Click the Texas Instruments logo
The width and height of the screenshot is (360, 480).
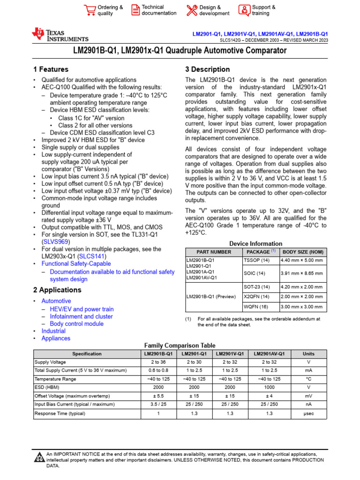(60, 34)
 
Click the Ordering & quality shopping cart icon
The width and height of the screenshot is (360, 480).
(89, 10)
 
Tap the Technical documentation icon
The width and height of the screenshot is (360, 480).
(135, 10)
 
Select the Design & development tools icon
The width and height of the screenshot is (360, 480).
(192, 10)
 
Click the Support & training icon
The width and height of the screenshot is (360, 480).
(244, 10)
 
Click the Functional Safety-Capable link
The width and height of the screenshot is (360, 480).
(76, 264)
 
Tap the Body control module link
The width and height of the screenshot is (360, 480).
(76, 324)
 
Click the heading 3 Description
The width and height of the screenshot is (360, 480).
(208, 69)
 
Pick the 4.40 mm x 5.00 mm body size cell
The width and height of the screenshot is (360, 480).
(302, 260)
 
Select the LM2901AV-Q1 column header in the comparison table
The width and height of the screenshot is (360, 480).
(269, 354)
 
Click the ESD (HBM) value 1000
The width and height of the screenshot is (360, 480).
(269, 388)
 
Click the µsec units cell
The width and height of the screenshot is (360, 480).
(308, 413)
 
